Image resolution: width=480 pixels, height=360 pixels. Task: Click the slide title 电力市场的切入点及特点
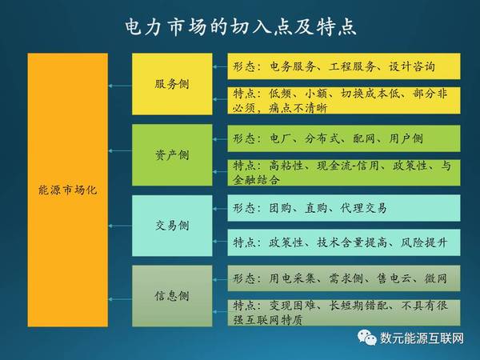click(241, 26)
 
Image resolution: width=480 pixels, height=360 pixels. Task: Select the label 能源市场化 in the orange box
click(68, 190)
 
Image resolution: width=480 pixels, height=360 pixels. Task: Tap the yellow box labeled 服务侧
click(172, 84)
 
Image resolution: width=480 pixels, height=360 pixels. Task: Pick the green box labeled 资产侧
click(172, 155)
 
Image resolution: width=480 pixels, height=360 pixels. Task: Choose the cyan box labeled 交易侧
click(172, 226)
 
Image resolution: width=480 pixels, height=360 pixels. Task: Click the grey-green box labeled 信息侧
click(172, 296)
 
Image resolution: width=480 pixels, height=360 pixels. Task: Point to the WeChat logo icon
click(367, 338)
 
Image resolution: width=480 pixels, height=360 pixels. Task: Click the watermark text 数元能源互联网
click(422, 338)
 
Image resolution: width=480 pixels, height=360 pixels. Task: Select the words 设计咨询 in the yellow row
click(412, 66)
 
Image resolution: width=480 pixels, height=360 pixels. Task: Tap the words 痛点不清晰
click(298, 108)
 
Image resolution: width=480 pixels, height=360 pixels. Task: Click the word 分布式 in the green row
click(322, 138)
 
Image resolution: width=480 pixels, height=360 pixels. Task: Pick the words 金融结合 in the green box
click(256, 179)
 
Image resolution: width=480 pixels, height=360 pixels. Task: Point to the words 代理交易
click(364, 208)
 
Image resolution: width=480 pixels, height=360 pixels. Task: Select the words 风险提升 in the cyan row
click(424, 242)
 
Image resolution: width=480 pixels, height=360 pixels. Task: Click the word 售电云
click(395, 278)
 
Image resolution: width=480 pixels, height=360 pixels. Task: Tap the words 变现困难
click(292, 306)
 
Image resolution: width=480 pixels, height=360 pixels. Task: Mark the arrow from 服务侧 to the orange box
click(120, 86)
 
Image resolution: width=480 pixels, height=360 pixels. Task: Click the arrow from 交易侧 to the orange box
click(120, 226)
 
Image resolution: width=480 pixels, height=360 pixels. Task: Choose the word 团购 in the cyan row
click(281, 208)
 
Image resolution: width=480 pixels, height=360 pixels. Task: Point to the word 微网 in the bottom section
click(436, 278)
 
